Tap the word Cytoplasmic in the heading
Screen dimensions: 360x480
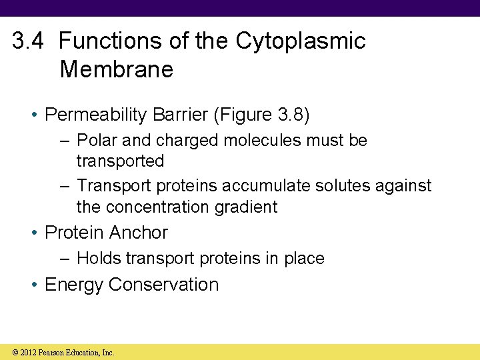tap(301, 41)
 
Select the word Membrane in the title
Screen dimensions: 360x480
tap(116, 69)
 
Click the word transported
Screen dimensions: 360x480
tap(120, 161)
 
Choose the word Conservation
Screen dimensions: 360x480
tap(163, 285)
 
